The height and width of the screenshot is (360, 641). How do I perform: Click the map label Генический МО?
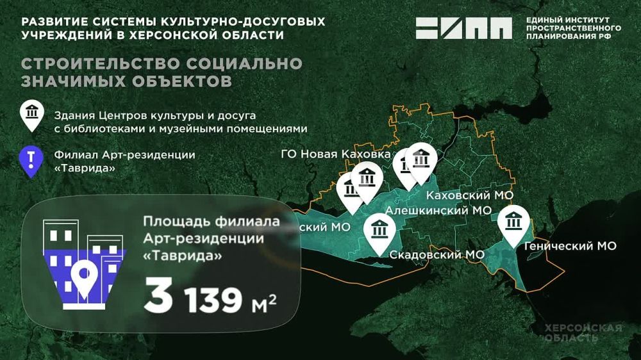569,245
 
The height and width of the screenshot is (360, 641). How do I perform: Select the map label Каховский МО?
470,195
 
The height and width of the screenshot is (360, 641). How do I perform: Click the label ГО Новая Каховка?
335,155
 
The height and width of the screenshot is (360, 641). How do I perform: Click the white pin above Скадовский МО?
379,231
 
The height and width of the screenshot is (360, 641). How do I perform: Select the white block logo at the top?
464,28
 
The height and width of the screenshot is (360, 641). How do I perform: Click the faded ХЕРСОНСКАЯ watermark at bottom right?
583,328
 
